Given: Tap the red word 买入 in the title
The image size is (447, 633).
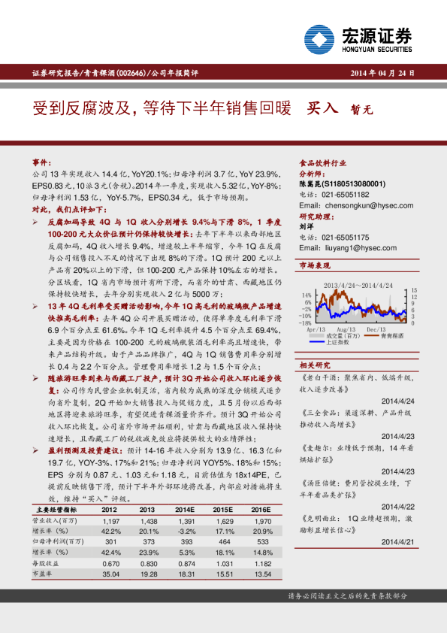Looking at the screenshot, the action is coord(323,109).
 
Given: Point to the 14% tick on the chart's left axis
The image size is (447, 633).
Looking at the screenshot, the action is coord(305,294).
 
